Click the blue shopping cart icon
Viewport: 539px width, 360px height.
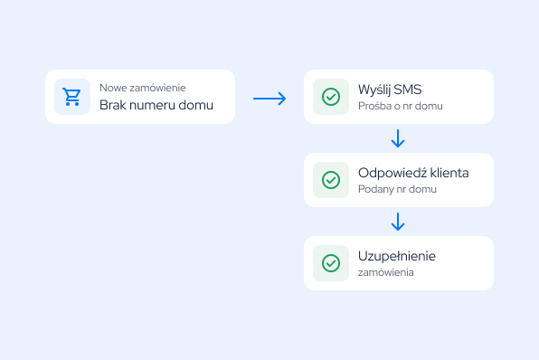pos(71,97)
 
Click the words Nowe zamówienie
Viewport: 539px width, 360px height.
pos(143,88)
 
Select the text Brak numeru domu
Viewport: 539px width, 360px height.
pos(156,105)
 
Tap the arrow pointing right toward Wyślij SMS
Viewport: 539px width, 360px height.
pos(269,99)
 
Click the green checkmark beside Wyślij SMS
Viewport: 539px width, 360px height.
pos(331,97)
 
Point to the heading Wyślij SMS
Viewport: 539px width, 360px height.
pos(390,90)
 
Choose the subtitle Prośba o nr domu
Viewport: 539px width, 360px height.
pos(401,106)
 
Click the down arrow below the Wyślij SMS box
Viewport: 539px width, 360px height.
pos(398,138)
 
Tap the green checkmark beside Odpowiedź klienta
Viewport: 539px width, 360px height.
pos(331,180)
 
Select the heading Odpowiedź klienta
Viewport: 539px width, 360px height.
pos(413,173)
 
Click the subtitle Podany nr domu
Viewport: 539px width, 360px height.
pos(397,189)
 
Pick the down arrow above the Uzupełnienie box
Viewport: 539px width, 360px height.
pos(398,222)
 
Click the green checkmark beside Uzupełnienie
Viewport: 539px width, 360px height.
pos(331,263)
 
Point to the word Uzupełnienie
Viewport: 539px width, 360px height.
pos(397,257)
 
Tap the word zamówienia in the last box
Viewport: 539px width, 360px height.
pos(386,272)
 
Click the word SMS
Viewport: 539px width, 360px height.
pos(408,90)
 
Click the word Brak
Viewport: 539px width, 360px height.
pos(113,105)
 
